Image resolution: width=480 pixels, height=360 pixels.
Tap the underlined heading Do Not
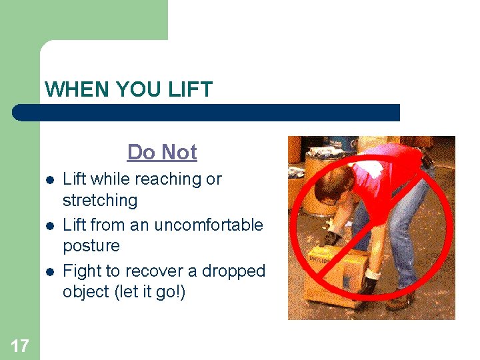(162, 152)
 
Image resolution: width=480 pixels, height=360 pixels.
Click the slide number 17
(19, 345)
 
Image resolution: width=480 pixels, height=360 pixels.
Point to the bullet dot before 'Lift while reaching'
(49, 181)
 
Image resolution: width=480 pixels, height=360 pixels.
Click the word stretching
(100, 200)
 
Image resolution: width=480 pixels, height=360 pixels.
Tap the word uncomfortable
(208, 225)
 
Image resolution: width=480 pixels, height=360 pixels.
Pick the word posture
(91, 246)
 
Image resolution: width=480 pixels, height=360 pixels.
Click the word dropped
(237, 271)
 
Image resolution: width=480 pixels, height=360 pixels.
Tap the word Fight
(81, 271)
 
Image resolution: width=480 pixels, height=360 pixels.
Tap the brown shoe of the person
(400, 303)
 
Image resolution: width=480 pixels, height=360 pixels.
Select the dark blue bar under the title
(207, 112)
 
